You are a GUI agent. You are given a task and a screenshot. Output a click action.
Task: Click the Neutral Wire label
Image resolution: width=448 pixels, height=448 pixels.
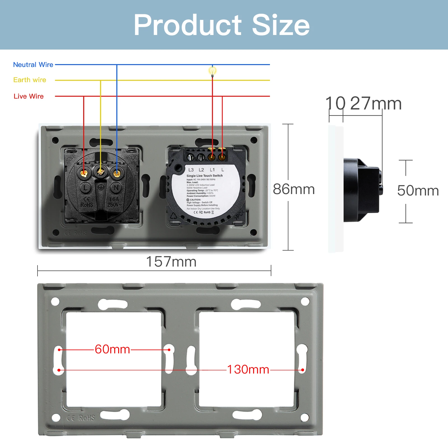(33, 65)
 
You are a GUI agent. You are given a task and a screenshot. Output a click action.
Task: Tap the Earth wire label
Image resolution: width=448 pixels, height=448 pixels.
(30, 80)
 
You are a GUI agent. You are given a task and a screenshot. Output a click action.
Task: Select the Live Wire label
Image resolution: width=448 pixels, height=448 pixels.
(29, 96)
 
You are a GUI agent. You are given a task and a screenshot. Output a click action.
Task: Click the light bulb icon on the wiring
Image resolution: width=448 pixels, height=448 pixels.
(213, 71)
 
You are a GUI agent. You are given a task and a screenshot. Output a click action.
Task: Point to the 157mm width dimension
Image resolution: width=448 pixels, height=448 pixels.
(171, 262)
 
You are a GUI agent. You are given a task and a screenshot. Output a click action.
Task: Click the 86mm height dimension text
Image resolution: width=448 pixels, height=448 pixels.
(294, 189)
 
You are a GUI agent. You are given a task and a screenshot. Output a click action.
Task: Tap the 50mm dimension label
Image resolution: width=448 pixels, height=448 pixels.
(418, 191)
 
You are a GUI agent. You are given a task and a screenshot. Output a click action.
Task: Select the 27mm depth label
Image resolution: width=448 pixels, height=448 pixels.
(376, 104)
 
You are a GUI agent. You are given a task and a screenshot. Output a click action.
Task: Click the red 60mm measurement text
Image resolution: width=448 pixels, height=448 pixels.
(112, 349)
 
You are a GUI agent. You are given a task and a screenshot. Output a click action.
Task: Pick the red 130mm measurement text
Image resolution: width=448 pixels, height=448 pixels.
(248, 370)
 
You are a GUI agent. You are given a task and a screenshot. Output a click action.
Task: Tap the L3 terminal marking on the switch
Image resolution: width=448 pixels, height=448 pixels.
(191, 170)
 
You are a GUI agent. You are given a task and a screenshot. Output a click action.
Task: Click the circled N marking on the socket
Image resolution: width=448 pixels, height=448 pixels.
(116, 188)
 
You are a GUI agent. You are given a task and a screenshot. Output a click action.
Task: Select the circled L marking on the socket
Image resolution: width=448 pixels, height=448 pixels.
(86, 188)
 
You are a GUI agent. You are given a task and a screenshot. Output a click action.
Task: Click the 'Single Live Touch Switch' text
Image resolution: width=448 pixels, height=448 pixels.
(204, 176)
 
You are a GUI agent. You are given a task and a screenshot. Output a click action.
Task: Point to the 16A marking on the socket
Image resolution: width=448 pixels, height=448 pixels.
(114, 199)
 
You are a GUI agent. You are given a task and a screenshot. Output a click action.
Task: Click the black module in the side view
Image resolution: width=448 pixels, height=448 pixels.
(361, 190)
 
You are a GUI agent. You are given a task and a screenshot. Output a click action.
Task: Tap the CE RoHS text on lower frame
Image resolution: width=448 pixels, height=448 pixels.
(81, 418)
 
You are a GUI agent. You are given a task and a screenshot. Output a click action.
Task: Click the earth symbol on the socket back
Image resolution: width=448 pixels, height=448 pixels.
(101, 187)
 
